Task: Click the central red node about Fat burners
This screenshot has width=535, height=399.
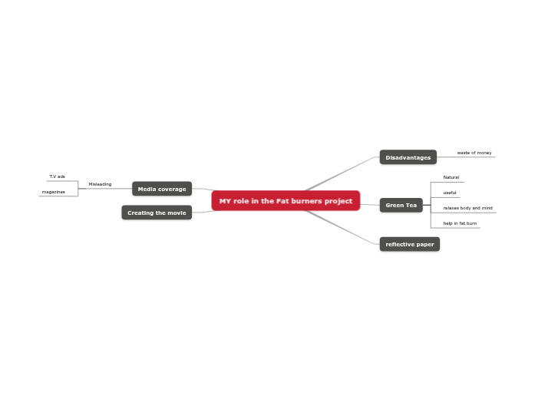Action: pos(286,201)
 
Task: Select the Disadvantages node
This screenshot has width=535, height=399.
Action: pos(408,157)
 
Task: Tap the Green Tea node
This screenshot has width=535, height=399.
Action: pos(401,205)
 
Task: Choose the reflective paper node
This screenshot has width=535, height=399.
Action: pos(409,244)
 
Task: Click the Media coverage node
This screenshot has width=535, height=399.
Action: pos(161,189)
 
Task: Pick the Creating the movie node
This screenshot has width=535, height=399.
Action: pos(157,213)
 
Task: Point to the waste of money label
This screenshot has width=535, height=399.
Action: pos(474,153)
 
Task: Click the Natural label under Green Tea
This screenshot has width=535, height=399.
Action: pos(451,177)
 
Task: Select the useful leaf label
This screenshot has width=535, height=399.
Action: pos(450,193)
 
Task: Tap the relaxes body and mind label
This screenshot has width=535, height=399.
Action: pos(467,208)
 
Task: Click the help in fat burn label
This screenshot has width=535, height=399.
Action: pos(460,223)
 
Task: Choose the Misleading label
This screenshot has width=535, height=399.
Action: pos(100,184)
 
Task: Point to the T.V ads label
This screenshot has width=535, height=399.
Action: pos(58,176)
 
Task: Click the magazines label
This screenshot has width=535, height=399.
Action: pos(54,192)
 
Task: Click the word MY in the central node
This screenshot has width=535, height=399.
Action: pos(225,201)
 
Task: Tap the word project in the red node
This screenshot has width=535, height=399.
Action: pos(338,201)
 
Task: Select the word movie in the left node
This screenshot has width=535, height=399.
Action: pos(175,213)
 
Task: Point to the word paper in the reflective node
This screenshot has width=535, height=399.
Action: pos(424,244)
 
